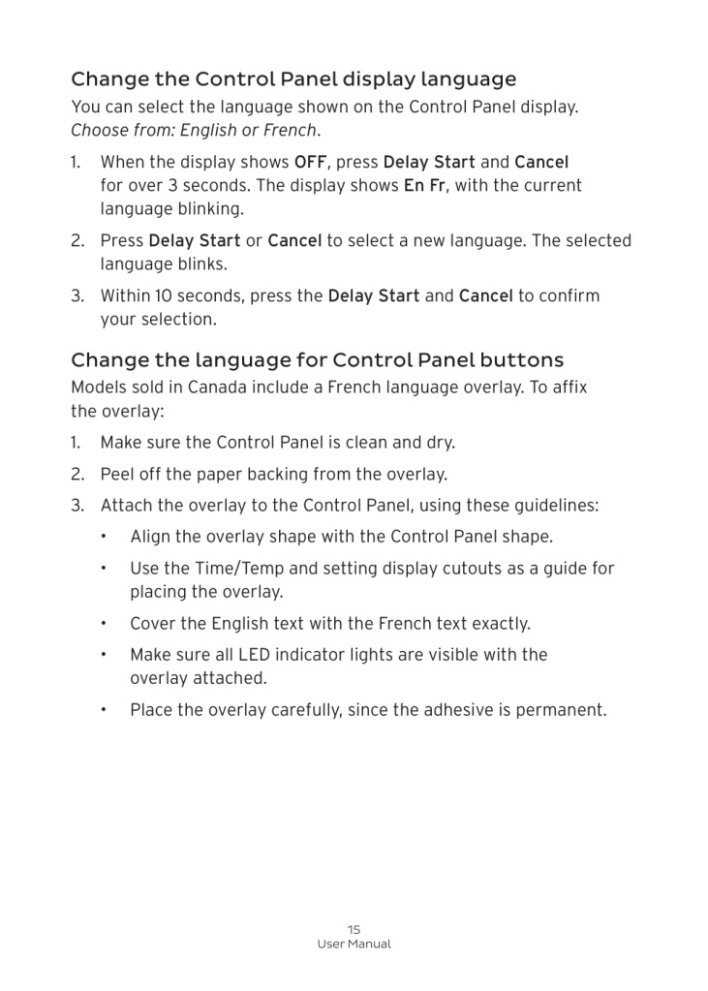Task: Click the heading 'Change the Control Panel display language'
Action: pyautogui.click(x=293, y=78)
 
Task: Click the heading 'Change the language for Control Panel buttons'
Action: pyautogui.click(x=317, y=360)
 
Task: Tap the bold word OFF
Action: pyautogui.click(x=310, y=161)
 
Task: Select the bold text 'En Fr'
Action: pyautogui.click(x=425, y=185)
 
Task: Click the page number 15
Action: pyautogui.click(x=354, y=929)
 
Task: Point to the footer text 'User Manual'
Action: pyautogui.click(x=354, y=945)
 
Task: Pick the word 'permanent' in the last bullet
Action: pyautogui.click(x=564, y=710)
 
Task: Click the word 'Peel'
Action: pyautogui.click(x=117, y=475)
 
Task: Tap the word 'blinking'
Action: pyautogui.click(x=211, y=208)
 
